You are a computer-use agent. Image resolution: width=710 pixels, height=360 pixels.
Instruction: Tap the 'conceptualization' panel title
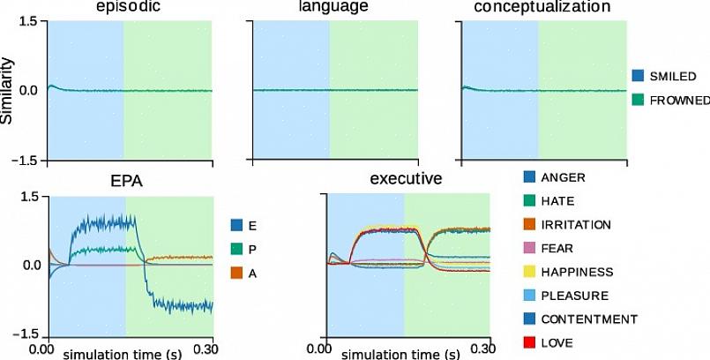point(542,7)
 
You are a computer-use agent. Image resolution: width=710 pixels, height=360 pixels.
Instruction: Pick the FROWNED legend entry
point(678,101)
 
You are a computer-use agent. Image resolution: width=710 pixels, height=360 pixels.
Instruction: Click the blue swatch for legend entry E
point(236,225)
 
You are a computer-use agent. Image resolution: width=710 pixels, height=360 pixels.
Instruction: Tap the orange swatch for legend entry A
point(236,274)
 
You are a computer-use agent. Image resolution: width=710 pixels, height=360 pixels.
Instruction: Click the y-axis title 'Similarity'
point(8,90)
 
